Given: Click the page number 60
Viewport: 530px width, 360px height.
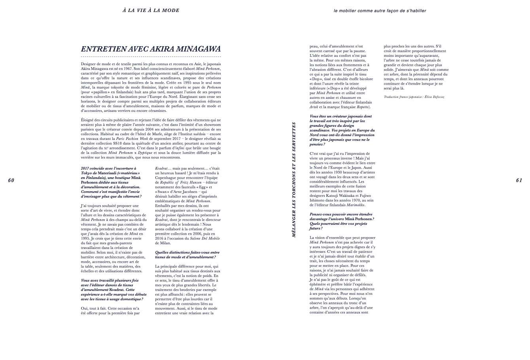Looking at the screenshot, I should (x=11, y=181).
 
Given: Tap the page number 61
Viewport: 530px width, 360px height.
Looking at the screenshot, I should (x=519, y=181).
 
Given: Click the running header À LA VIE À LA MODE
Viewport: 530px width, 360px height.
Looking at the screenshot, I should (x=151, y=11).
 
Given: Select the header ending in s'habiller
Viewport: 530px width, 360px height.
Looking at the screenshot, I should (x=380, y=11).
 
